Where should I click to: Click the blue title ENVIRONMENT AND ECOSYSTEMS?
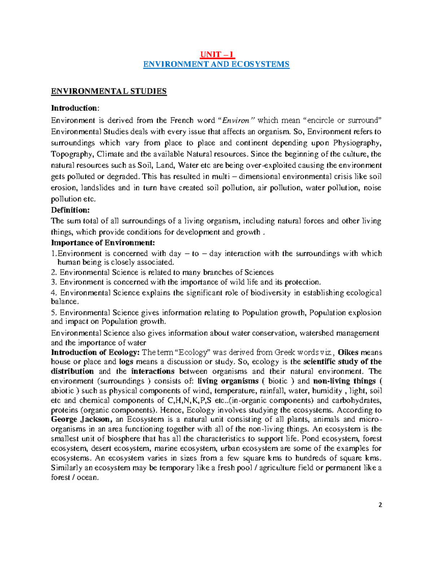pyautogui.click(x=216, y=64)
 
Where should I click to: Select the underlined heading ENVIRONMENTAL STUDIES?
pyautogui.click(x=109, y=91)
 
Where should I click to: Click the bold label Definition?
pyautogui.click(x=70, y=210)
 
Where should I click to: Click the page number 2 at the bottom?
pyautogui.click(x=380, y=505)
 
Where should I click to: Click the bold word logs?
pyautogui.click(x=126, y=362)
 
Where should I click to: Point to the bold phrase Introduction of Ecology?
pyautogui.click(x=96, y=352)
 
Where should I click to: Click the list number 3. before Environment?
pyautogui.click(x=54, y=282)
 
